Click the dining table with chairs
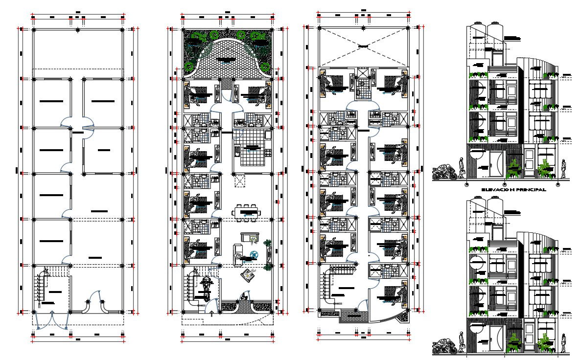tap(246, 212)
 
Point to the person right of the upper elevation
tap(563, 169)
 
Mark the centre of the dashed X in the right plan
tap(363, 46)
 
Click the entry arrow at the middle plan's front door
tap(211, 315)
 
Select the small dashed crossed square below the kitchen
tap(240, 181)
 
